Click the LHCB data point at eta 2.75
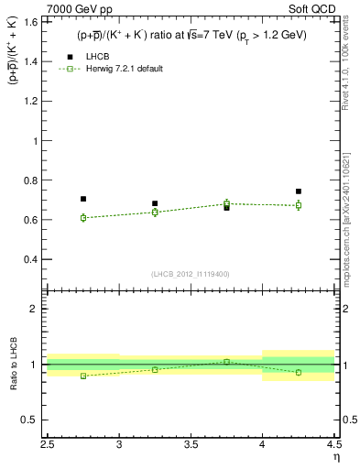click(83, 199)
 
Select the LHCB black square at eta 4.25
click(299, 191)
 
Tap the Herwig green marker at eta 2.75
click(83, 218)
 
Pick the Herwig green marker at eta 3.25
click(155, 212)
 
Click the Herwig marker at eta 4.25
click(299, 205)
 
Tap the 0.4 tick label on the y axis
click(36, 259)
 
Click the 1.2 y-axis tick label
click(36, 102)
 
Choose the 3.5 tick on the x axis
click(191, 444)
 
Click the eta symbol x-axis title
click(336, 457)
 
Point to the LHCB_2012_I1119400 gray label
click(191, 274)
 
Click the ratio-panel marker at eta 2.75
click(83, 376)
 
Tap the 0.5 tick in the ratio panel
click(36, 420)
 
